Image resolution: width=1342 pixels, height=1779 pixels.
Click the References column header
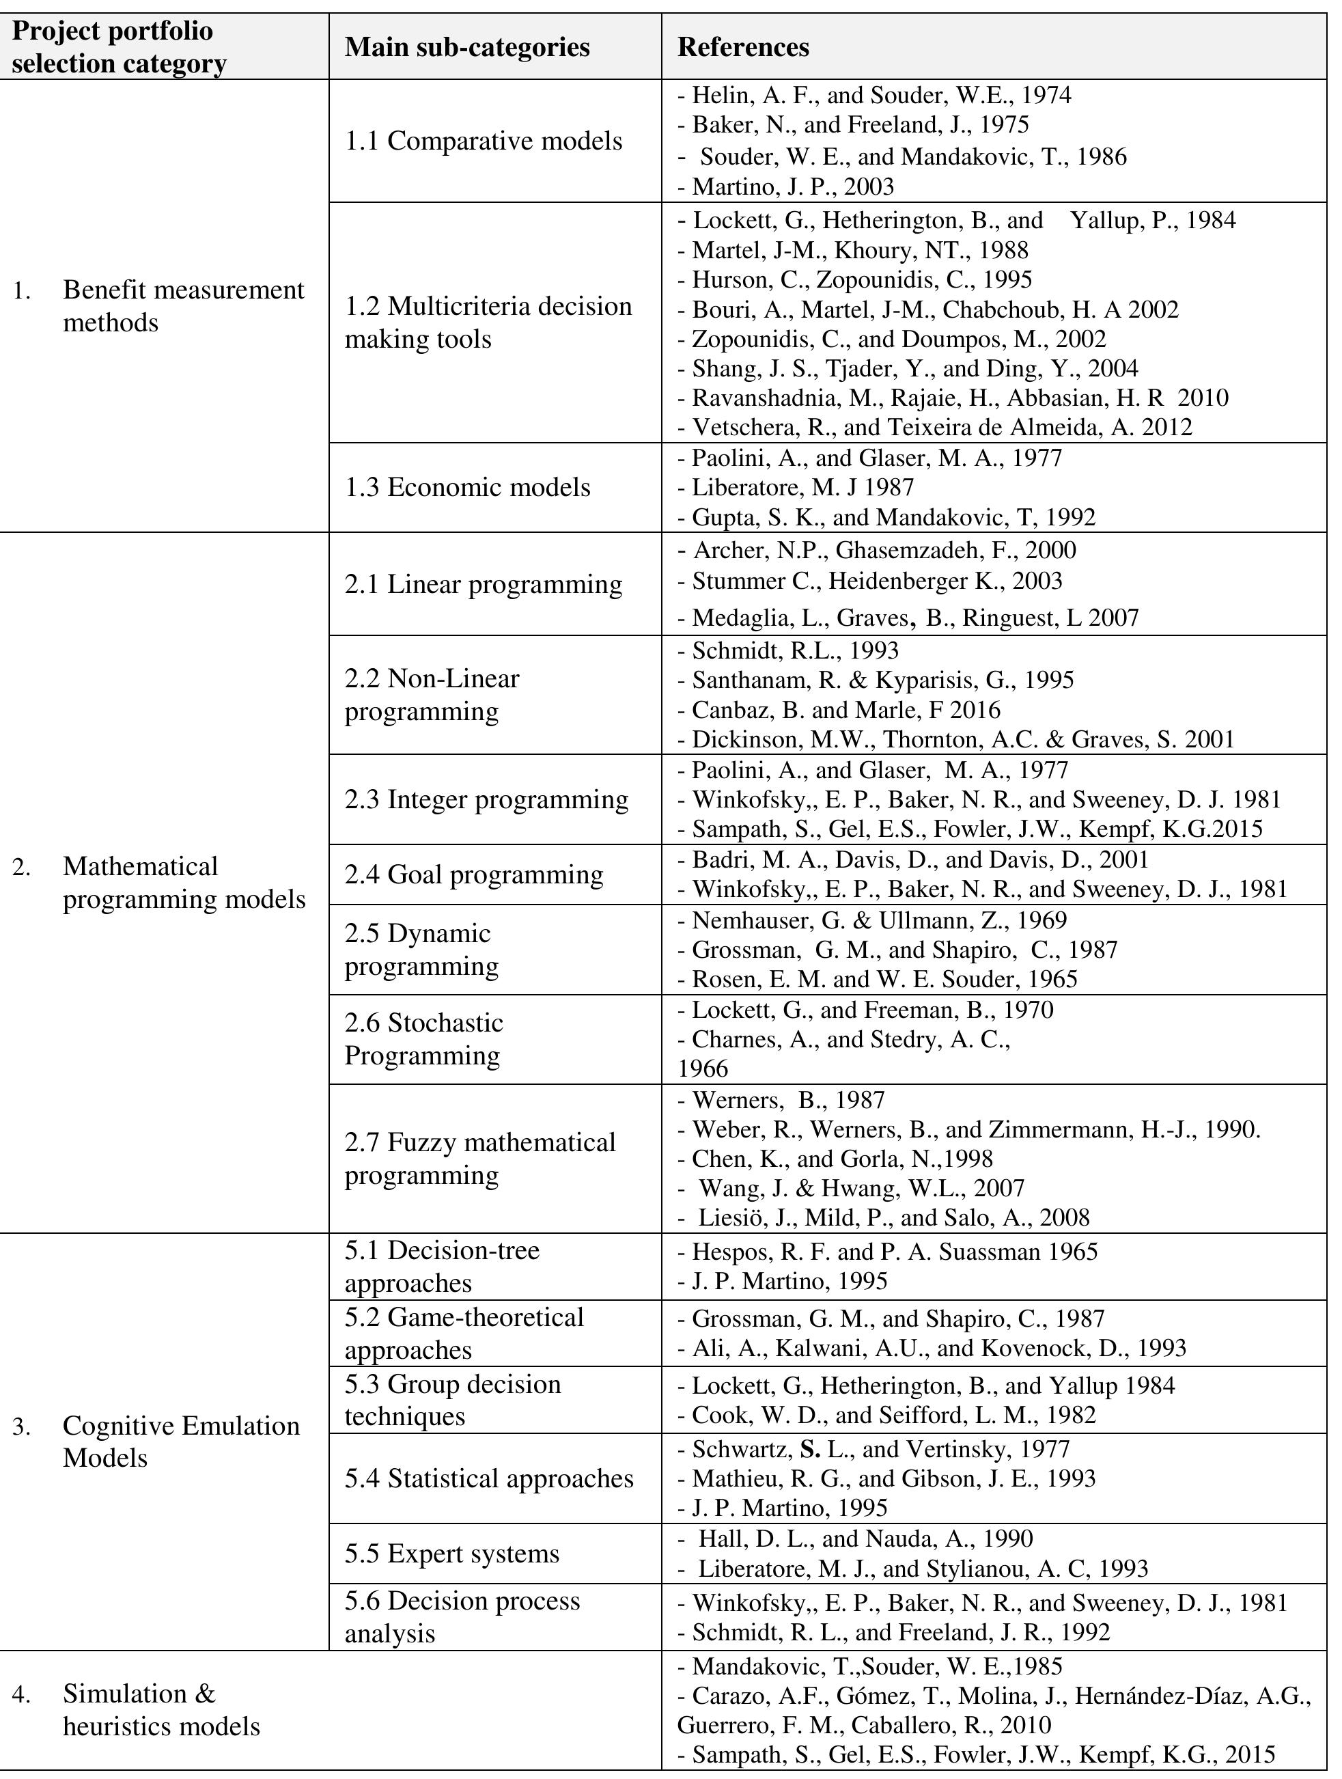pyautogui.click(x=743, y=47)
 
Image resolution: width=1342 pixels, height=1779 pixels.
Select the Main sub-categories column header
pyautogui.click(x=467, y=47)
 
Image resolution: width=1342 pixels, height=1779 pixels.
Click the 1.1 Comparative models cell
pyautogui.click(x=484, y=141)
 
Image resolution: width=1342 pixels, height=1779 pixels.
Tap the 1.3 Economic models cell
pyautogui.click(x=467, y=487)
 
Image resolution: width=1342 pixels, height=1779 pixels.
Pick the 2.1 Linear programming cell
pyautogui.click(x=484, y=585)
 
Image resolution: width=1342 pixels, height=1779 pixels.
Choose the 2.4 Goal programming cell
pyautogui.click(x=473, y=874)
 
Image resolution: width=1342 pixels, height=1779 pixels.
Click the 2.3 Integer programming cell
pyautogui.click(x=486, y=799)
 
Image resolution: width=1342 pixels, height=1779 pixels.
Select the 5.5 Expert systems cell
pyautogui.click(x=452, y=1553)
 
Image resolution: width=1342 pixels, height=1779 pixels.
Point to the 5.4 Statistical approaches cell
pyautogui.click(x=489, y=1478)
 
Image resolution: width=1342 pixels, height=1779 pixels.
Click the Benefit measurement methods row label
pyautogui.click(x=183, y=307)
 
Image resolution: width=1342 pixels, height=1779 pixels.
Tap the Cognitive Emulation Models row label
pyautogui.click(x=180, y=1442)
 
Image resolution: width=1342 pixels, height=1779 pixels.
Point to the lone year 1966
pyautogui.click(x=703, y=1069)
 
